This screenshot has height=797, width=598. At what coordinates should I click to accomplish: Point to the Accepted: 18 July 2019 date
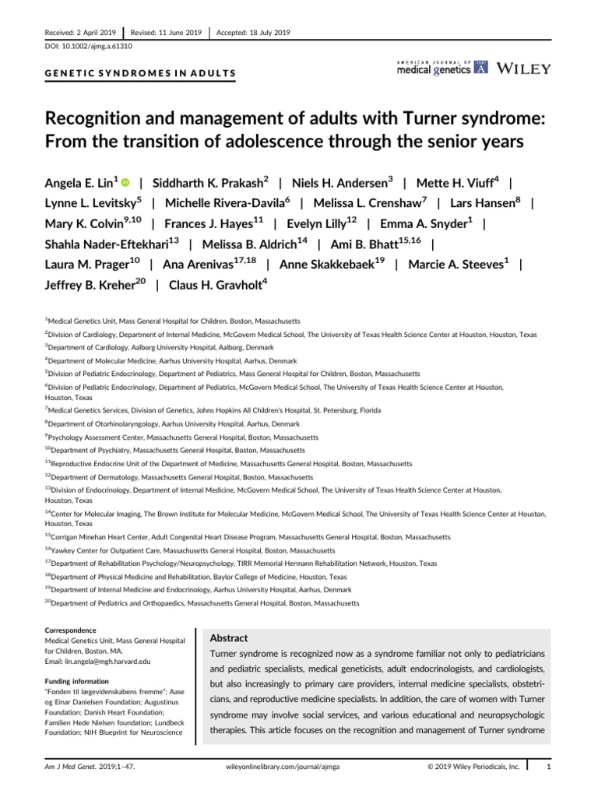point(252,32)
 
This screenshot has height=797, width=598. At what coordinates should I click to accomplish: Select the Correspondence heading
point(71,630)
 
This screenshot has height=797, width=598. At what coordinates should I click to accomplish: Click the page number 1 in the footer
point(549,767)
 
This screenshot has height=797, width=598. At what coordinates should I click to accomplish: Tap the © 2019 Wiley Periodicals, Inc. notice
point(474,767)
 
